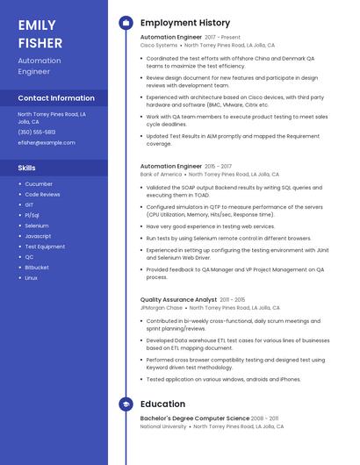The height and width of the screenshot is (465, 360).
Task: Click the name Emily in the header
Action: [x=37, y=25]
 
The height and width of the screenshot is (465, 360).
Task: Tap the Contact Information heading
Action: [x=56, y=98]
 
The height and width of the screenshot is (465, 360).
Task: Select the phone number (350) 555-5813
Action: [x=37, y=132]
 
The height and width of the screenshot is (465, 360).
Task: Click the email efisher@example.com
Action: [x=47, y=142]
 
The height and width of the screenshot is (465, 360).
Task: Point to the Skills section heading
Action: [x=27, y=167]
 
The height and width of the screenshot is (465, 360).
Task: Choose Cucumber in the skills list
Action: [x=39, y=184]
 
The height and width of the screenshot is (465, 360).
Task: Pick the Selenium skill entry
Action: [x=37, y=225]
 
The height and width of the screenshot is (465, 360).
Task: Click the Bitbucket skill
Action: [x=37, y=267]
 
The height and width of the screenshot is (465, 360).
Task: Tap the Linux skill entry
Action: [x=32, y=277]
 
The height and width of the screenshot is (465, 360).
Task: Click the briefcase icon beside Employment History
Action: [x=126, y=23]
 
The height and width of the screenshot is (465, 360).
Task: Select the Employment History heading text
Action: [x=185, y=23]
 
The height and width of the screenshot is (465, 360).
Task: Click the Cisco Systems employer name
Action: [x=159, y=45]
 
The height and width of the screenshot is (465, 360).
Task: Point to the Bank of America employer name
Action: [x=162, y=174]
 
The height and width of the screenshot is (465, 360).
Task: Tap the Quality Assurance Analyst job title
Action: [x=178, y=300]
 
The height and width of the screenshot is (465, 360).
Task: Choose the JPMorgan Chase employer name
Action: [x=162, y=308]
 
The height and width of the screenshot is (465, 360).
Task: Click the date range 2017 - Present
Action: [x=222, y=38]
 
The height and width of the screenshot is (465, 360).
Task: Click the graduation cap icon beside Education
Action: [x=126, y=404]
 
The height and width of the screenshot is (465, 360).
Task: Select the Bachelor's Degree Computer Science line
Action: [x=195, y=418]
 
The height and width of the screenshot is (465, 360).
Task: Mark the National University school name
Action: [x=163, y=426]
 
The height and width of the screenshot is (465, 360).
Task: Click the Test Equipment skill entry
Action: [x=45, y=247]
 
